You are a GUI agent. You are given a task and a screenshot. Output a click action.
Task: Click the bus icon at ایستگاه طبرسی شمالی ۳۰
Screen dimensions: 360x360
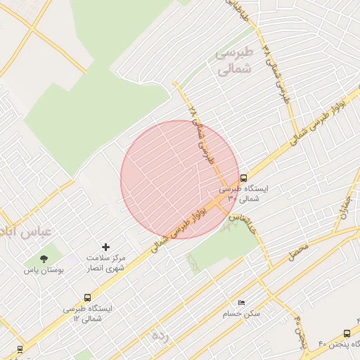click(243, 178)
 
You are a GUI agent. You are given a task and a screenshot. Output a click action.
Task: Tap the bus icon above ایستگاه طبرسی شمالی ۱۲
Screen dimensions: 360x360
click(87, 297)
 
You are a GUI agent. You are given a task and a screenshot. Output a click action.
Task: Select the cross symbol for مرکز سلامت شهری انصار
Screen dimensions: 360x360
click(106, 247)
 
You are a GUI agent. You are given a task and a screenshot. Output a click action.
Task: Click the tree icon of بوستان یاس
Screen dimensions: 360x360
click(44, 259)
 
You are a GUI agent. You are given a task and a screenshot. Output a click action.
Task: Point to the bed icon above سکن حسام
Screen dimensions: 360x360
click(242, 303)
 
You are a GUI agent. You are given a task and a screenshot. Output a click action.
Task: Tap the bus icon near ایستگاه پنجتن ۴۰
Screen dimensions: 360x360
click(347, 333)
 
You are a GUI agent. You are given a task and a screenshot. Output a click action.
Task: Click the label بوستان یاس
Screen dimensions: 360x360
click(44, 270)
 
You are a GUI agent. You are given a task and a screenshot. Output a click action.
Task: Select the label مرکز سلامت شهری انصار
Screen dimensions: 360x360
click(106, 263)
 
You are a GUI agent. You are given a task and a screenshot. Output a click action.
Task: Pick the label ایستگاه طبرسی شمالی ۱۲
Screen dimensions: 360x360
click(87, 314)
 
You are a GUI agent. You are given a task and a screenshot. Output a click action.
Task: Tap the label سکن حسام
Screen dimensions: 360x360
click(242, 314)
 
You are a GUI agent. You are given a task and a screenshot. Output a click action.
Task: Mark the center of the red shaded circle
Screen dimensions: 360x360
click(179, 179)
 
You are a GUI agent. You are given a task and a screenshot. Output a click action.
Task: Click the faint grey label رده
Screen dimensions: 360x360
click(161, 335)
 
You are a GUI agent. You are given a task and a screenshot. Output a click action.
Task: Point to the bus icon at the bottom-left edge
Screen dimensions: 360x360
click(19, 348)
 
